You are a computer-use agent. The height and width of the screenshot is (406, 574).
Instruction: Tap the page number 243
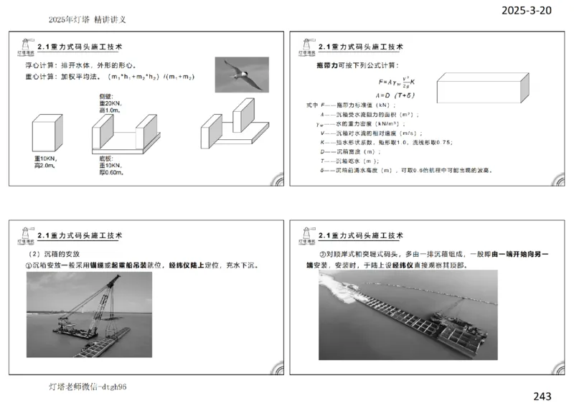[x=542, y=396]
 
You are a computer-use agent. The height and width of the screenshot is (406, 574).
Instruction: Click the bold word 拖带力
[x=327, y=65]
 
